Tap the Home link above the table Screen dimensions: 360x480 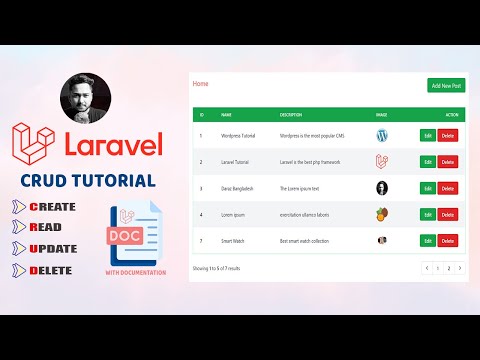coord(201,84)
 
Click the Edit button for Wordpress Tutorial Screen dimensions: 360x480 coord(428,135)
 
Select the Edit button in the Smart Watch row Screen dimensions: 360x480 coord(428,240)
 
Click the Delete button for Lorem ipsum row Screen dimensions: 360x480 coord(447,214)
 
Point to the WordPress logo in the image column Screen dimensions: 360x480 coord(381,135)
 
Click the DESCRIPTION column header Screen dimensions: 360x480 coord(291,114)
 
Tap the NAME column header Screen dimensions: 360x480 coord(226,114)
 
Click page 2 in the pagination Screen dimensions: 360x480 coord(448,268)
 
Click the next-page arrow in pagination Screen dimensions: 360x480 coord(460,268)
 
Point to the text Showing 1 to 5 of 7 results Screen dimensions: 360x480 coord(217,268)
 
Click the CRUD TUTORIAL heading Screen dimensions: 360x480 coord(88,182)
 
